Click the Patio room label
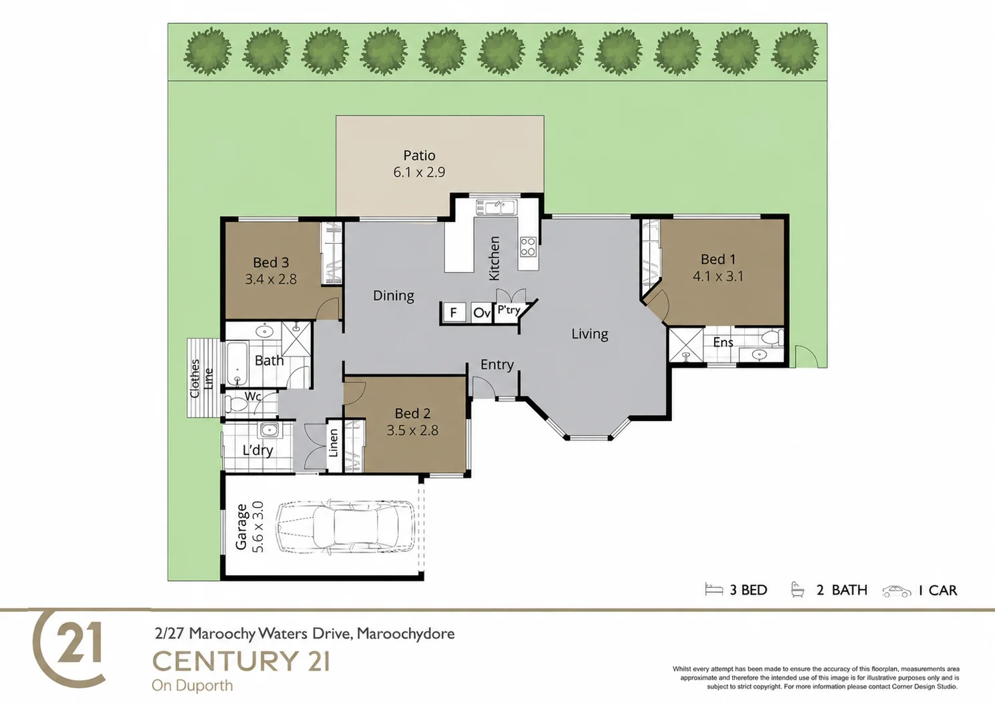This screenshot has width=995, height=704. (419, 155)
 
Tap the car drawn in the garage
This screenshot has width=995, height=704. (345, 526)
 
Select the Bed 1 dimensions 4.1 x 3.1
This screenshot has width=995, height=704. (718, 276)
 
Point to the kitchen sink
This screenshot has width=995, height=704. (496, 207)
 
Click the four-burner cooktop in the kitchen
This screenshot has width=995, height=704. (528, 247)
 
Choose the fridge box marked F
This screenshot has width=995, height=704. (454, 313)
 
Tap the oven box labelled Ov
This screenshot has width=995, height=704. (482, 313)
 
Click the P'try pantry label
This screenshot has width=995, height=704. (509, 310)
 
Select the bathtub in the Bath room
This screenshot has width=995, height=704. (237, 363)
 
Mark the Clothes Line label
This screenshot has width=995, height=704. (202, 378)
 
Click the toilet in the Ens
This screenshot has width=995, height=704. (772, 337)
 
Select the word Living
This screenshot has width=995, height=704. (589, 334)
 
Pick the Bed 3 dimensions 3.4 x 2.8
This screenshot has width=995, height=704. (271, 279)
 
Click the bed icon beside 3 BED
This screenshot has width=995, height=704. (714, 589)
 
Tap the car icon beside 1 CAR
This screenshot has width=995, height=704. (897, 591)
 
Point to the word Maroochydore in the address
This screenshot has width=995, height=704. (406, 633)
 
